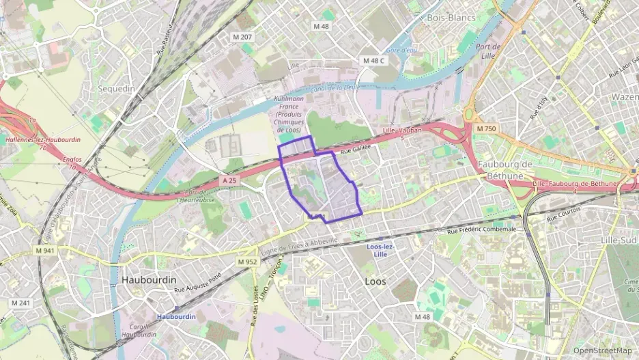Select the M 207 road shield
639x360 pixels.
(242, 36)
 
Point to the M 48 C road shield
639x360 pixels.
(373, 61)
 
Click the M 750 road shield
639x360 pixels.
(487, 128)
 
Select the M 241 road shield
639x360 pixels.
(20, 303)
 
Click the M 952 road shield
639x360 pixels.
(248, 262)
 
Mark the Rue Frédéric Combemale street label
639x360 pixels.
(481, 230)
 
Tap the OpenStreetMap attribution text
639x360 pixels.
(602, 350)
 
